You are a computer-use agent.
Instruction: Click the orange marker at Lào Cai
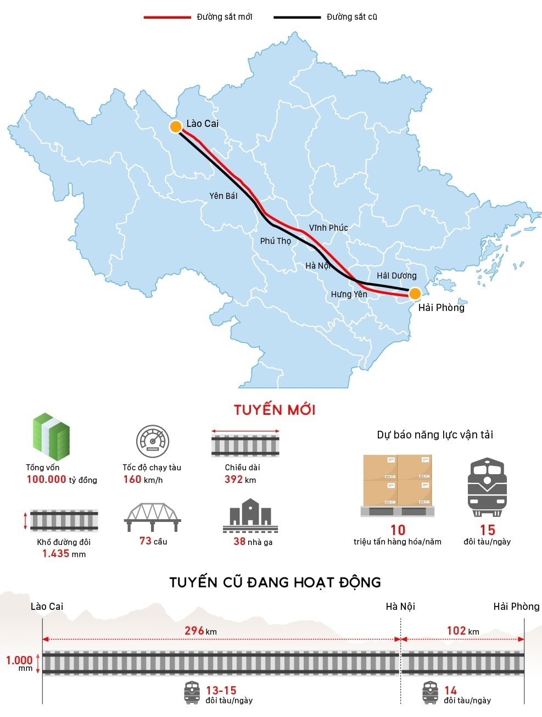click(175, 127)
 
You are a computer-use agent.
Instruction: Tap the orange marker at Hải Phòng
click(415, 293)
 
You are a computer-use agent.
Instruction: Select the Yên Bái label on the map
click(223, 196)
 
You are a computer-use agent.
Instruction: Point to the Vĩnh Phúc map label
click(328, 227)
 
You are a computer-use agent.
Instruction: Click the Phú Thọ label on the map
click(275, 241)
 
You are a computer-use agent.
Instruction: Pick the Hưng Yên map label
click(349, 294)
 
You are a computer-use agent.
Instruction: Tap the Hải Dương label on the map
click(396, 276)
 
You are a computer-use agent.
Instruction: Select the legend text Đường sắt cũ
click(351, 17)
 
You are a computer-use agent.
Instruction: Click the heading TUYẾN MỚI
click(275, 410)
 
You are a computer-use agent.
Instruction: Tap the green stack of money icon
click(51, 437)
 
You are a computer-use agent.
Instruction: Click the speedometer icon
click(152, 441)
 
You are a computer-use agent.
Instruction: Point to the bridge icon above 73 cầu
click(152, 516)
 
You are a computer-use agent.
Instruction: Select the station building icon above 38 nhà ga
click(250, 516)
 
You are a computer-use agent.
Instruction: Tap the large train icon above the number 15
click(487, 487)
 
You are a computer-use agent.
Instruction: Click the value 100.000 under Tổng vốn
click(46, 480)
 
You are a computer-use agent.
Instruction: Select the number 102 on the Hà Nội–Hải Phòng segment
click(456, 631)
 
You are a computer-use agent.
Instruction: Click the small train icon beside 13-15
click(192, 693)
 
